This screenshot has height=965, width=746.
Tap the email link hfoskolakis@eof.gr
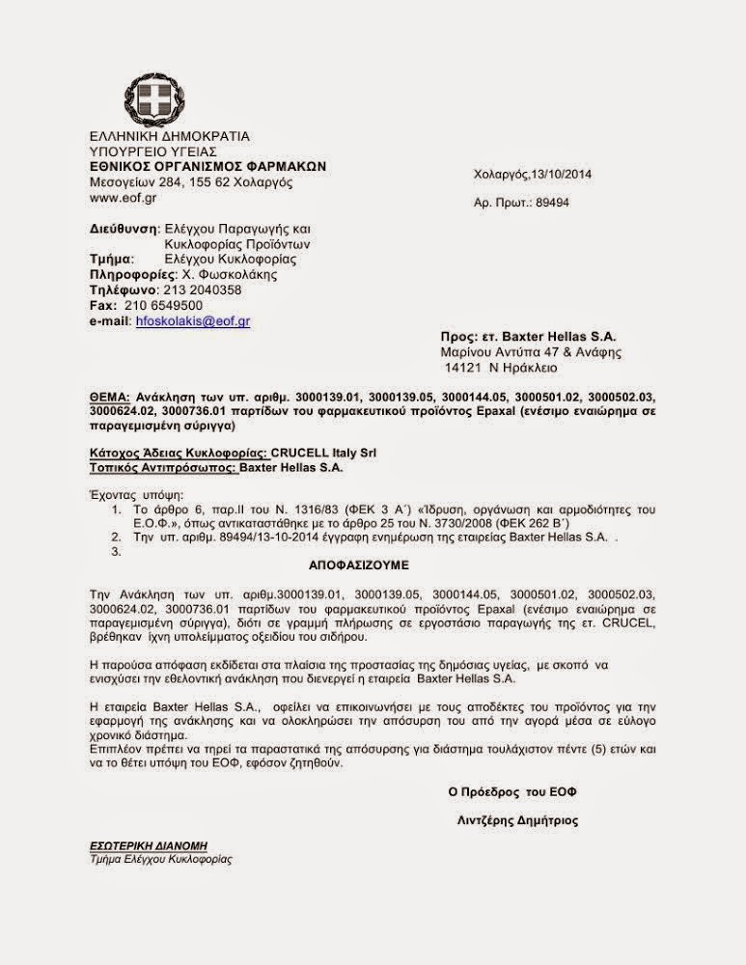pyautogui.click(x=192, y=320)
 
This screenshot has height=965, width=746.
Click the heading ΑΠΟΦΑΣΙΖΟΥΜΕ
pyautogui.click(x=373, y=558)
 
